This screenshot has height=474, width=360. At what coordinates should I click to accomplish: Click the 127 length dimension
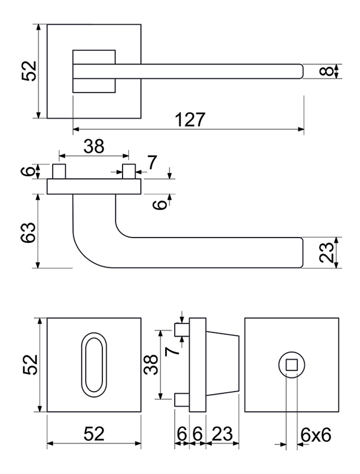click(190, 120)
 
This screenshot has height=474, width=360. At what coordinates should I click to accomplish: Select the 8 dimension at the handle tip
click(326, 71)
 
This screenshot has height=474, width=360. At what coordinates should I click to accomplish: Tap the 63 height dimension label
click(28, 232)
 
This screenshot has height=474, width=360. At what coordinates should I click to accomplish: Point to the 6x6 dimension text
click(316, 435)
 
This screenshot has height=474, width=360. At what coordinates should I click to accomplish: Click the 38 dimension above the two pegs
click(94, 146)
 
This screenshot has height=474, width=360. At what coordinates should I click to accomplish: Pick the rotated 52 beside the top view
click(29, 71)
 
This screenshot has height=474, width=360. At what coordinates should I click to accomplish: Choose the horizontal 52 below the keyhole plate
click(94, 434)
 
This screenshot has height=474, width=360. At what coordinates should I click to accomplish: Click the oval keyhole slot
click(94, 365)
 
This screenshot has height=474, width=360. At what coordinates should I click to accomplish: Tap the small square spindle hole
click(292, 364)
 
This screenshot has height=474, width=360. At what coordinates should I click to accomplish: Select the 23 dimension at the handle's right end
click(327, 253)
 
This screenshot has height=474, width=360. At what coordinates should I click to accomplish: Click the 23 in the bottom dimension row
click(222, 434)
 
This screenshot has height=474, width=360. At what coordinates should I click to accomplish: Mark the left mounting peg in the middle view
click(59, 171)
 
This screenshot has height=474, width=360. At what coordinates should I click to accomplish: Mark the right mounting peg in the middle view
click(129, 171)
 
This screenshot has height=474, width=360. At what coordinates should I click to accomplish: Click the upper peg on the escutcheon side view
click(182, 329)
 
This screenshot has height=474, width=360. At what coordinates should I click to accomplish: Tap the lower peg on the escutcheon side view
click(182, 399)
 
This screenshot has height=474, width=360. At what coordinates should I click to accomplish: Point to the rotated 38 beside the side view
click(151, 364)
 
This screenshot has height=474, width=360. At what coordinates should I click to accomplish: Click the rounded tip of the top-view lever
click(301, 71)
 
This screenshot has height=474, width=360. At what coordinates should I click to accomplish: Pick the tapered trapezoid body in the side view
click(223, 364)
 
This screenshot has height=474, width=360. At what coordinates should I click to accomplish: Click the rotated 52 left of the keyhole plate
click(30, 364)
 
